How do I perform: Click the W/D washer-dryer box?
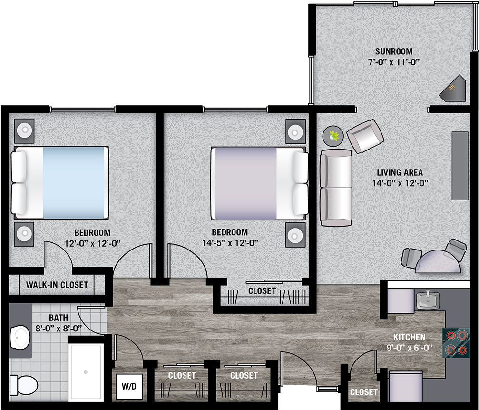pyautogui.click(x=129, y=386)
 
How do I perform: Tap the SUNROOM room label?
pyautogui.click(x=394, y=51)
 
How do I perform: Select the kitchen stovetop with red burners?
pyautogui.click(x=456, y=342)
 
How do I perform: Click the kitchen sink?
pyautogui.click(x=428, y=300)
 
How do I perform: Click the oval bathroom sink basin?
pyautogui.click(x=20, y=338)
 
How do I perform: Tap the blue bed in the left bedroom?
pyautogui.click(x=60, y=182)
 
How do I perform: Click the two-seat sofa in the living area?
pyautogui.click(x=336, y=188)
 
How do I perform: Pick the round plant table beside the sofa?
pyautogui.click(x=333, y=136)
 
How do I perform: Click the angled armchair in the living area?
pyautogui.click(x=365, y=136)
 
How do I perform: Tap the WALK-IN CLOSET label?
pyautogui.click(x=57, y=285)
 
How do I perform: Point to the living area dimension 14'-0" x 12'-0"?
pyautogui.click(x=400, y=183)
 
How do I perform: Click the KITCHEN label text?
pyautogui.click(x=410, y=337)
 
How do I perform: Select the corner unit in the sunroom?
pyautogui.click(x=453, y=88)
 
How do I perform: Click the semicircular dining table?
pyautogui.click(x=438, y=261)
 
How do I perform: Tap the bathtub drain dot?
pyautogui.click(x=86, y=372)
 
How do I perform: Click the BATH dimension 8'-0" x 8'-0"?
pyautogui.click(x=59, y=329)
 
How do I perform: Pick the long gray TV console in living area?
pyautogui.click(x=460, y=166)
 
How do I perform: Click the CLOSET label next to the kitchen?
pyautogui.click(x=363, y=392)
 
